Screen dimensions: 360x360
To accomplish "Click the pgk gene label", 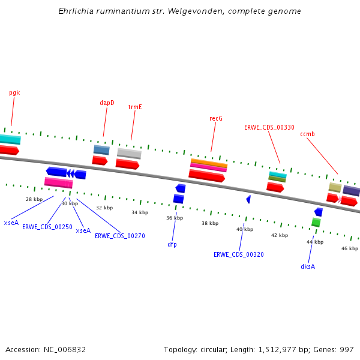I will tap(14, 93).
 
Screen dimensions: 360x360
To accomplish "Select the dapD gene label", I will tap(107, 103).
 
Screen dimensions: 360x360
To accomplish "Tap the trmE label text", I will tap(135, 107).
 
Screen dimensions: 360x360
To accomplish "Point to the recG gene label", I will tap(216, 118).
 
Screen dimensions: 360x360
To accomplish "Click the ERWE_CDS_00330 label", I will tap(269, 127).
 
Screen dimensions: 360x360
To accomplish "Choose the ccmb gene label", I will tap(307, 134).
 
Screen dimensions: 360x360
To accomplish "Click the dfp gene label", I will tap(172, 244).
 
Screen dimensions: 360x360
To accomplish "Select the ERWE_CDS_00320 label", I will tap(238, 254).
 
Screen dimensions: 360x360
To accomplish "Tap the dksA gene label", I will tap(308, 266).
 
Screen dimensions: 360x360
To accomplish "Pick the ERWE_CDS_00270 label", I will tap(119, 236).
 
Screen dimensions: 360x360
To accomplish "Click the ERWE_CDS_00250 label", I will tap(47, 227).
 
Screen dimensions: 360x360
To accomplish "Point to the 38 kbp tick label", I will tap(210, 223).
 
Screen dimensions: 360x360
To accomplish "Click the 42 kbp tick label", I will tap(280, 235).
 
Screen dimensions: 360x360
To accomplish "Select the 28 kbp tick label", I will tap(34, 199).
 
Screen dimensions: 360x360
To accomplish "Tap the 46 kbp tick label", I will tap(350, 248).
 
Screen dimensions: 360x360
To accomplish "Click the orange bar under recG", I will tap(209, 162).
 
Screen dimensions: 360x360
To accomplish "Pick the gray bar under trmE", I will tap(129, 153).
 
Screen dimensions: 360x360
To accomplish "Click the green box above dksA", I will tap(316, 222).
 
